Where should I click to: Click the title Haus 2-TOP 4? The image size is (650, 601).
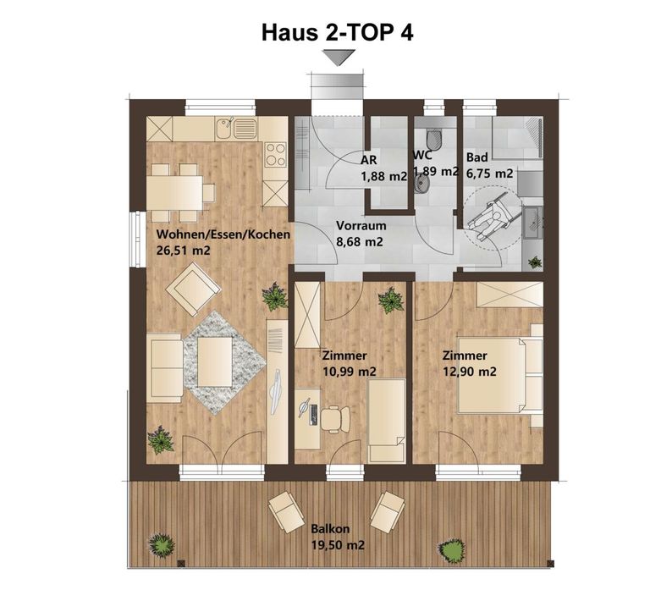tap(342, 32)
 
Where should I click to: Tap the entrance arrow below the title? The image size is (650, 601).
tap(339, 58)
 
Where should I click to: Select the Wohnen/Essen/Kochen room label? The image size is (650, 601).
tap(223, 234)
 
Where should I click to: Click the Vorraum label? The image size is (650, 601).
tap(361, 226)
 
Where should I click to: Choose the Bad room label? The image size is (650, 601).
tap(476, 157)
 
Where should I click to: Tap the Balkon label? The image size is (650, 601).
tap(328, 529)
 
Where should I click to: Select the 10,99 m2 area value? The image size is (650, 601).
tap(349, 372)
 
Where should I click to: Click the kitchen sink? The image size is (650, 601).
tap(235, 129)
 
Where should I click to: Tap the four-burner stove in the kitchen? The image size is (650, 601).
tap(275, 155)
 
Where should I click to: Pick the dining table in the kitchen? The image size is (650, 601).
tap(177, 191)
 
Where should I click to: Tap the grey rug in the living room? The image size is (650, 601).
tap(216, 361)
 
